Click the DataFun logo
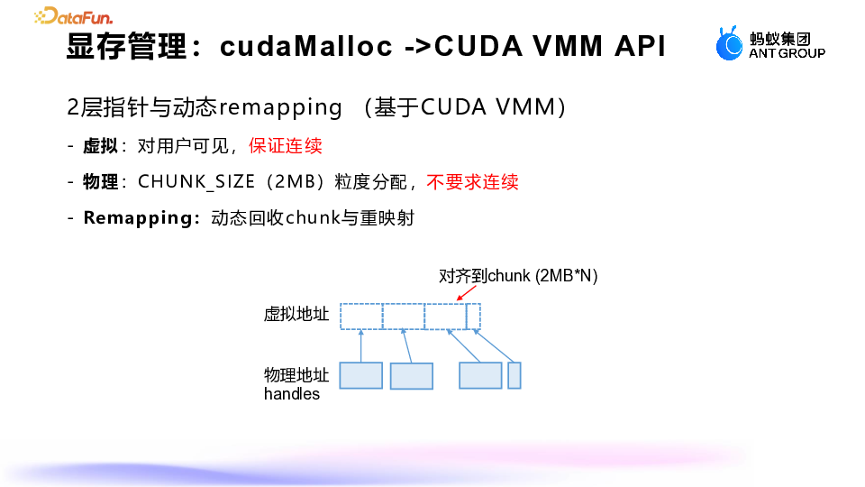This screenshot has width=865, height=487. (x=73, y=15)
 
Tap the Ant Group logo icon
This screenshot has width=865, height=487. (x=729, y=43)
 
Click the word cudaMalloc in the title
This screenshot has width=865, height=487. (x=306, y=47)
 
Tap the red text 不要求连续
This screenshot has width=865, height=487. (x=472, y=181)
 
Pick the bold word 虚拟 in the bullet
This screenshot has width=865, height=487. (x=101, y=146)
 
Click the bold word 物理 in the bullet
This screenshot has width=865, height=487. (x=101, y=182)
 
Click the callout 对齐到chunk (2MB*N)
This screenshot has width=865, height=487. (x=518, y=276)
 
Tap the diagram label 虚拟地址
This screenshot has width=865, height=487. (x=296, y=315)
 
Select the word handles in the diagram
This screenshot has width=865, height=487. (x=292, y=394)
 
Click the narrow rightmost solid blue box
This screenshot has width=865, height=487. (x=514, y=375)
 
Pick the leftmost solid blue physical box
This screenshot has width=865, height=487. (x=360, y=375)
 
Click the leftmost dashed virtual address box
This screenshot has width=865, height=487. (x=361, y=317)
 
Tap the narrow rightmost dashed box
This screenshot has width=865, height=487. (x=473, y=317)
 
